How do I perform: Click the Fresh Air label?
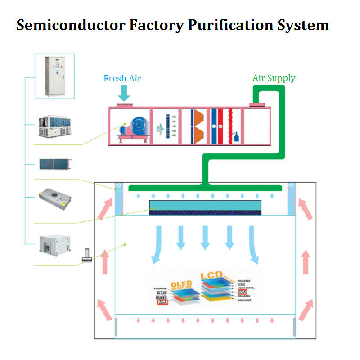[122, 79]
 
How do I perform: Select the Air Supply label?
[274, 78]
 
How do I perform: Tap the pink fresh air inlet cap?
[124, 105]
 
